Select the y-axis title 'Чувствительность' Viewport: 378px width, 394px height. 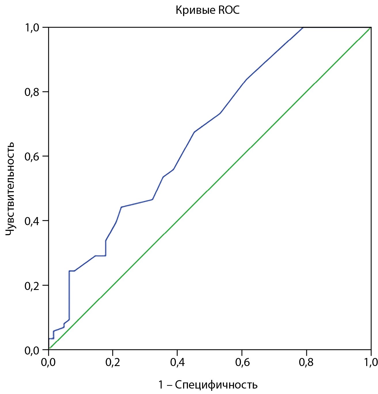coord(10,188)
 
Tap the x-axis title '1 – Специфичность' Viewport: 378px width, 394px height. coord(208,385)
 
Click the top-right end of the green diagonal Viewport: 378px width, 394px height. coord(371,28)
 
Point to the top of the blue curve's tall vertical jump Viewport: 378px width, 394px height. coord(69,271)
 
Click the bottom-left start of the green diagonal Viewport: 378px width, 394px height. coord(49,349)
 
